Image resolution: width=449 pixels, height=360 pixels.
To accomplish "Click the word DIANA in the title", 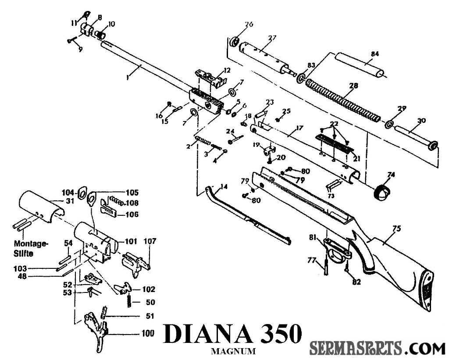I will (x=208, y=335).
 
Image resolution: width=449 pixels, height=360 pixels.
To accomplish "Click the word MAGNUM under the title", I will (x=232, y=352).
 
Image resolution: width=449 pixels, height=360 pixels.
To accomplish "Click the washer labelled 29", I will (x=389, y=124).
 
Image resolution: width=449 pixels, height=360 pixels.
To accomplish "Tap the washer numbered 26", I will (x=235, y=42).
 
